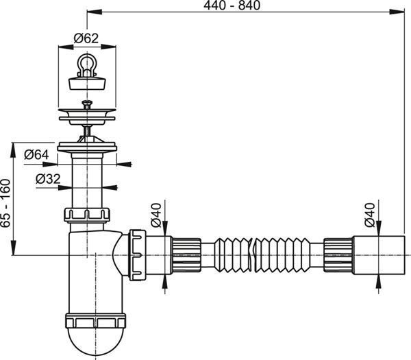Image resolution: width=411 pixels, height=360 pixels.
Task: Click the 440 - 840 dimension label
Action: (232, 5)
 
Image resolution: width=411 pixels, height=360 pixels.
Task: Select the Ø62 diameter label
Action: (86, 38)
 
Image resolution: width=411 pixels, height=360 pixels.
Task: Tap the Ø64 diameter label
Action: (36, 154)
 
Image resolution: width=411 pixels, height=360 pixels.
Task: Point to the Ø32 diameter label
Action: (48, 179)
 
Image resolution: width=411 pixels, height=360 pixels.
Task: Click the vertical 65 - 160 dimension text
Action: (5, 203)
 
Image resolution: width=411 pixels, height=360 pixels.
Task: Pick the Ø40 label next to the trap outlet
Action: (155, 215)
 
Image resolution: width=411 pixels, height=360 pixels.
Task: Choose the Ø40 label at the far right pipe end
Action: (370, 215)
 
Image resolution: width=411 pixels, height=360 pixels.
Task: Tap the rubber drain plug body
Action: (87, 82)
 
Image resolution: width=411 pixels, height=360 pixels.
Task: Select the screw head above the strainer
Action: (87, 103)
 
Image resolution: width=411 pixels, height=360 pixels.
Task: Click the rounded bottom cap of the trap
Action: (96, 341)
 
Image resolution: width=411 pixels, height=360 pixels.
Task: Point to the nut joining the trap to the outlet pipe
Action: (138, 255)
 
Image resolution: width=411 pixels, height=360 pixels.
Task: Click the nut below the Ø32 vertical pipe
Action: (87, 215)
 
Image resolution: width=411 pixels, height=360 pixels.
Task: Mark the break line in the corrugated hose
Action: (252, 254)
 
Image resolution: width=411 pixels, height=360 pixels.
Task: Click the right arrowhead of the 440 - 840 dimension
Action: (397, 12)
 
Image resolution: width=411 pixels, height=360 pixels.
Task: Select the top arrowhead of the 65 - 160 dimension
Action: (13, 150)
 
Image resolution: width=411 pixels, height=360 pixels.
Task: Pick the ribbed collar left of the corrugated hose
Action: (186, 255)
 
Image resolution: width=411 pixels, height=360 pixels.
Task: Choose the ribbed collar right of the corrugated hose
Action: (338, 255)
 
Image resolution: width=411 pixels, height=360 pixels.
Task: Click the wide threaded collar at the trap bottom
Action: (96, 320)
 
